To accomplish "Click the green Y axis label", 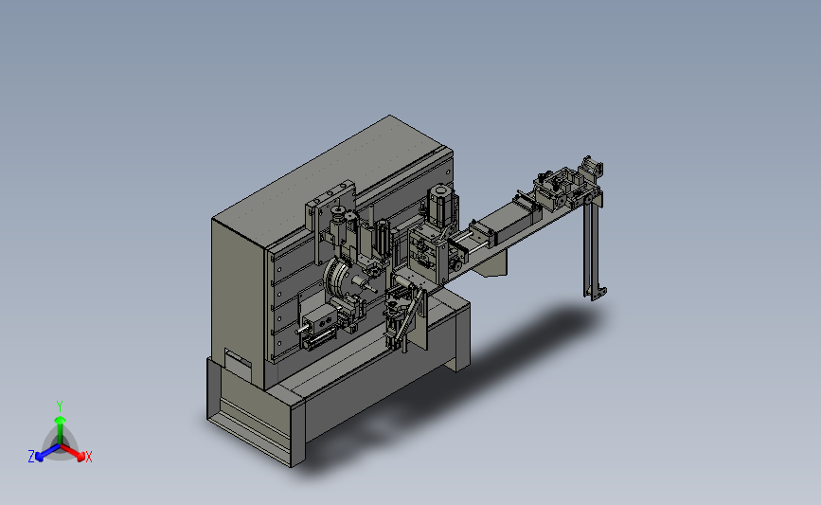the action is click(59, 406).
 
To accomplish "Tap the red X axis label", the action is click(88, 457).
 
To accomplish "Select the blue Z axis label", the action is click(31, 457).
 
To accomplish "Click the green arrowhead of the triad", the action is click(61, 420).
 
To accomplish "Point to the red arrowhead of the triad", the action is click(80, 457).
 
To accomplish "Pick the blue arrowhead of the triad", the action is click(40, 457).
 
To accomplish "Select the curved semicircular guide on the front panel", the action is click(333, 278).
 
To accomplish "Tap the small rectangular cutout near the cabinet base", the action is click(238, 358).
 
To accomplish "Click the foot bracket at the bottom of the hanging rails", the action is click(597, 293).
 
